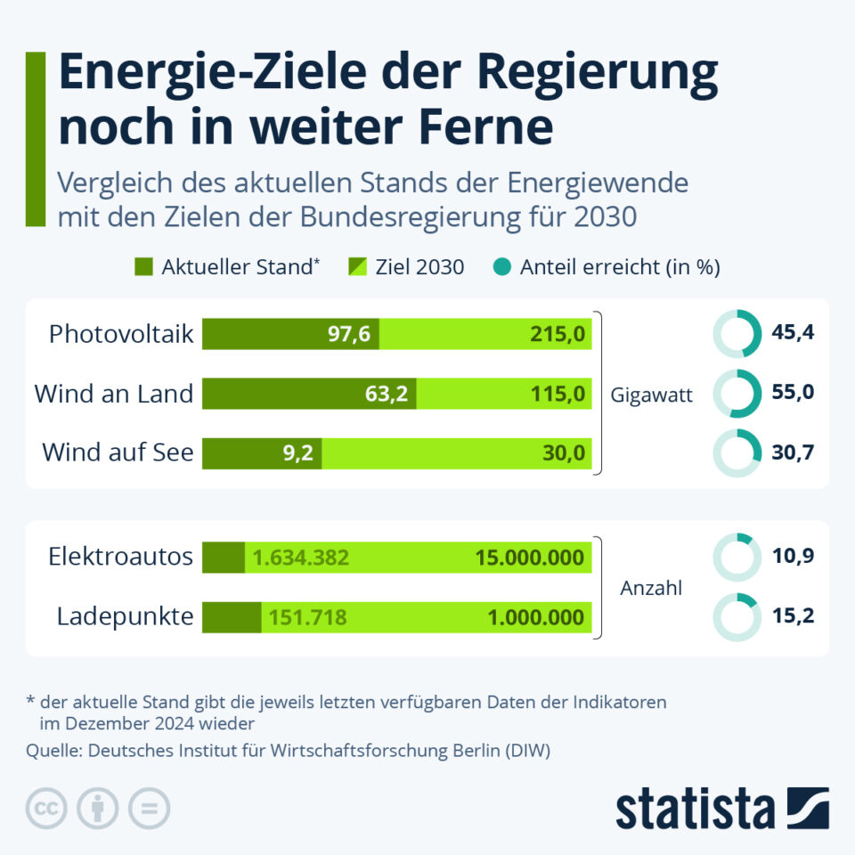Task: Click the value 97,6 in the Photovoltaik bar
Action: (352, 334)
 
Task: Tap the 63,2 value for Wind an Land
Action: (387, 394)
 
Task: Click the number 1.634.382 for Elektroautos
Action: (300, 558)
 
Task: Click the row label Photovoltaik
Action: (121, 334)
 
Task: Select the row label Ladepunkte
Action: (125, 616)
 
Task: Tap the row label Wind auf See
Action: (118, 452)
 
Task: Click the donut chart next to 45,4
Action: (737, 334)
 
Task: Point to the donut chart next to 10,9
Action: (737, 558)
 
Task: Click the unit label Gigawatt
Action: (652, 394)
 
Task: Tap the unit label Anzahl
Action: (651, 588)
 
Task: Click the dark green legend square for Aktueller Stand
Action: (143, 266)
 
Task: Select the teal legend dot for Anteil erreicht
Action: (501, 266)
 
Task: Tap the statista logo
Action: (721, 809)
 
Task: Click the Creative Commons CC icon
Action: (47, 809)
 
